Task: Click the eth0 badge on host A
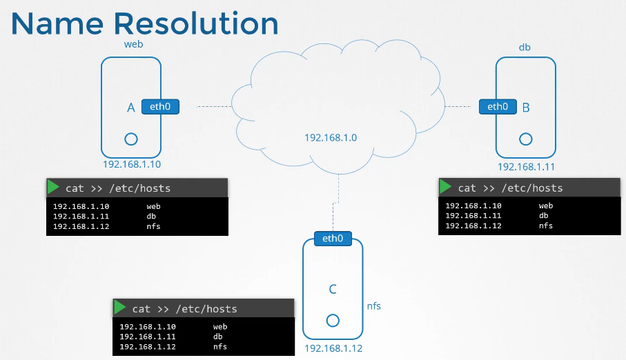point(160,107)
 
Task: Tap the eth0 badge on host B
point(497,107)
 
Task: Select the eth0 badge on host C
point(333,239)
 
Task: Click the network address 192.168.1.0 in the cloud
point(331,138)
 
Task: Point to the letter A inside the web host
point(130,108)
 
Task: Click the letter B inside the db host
point(526,108)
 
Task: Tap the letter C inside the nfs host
point(333,289)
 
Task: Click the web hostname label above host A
point(133,44)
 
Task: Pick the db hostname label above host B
point(525,48)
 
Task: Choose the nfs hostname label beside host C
point(373,306)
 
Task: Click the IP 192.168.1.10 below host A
point(130,165)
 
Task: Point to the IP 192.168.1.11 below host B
point(526,167)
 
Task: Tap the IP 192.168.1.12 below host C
point(333,349)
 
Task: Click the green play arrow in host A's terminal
point(54,188)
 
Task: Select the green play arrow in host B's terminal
point(446,188)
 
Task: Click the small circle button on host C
point(333,321)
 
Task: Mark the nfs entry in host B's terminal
point(545,226)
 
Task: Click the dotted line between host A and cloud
point(214,107)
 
